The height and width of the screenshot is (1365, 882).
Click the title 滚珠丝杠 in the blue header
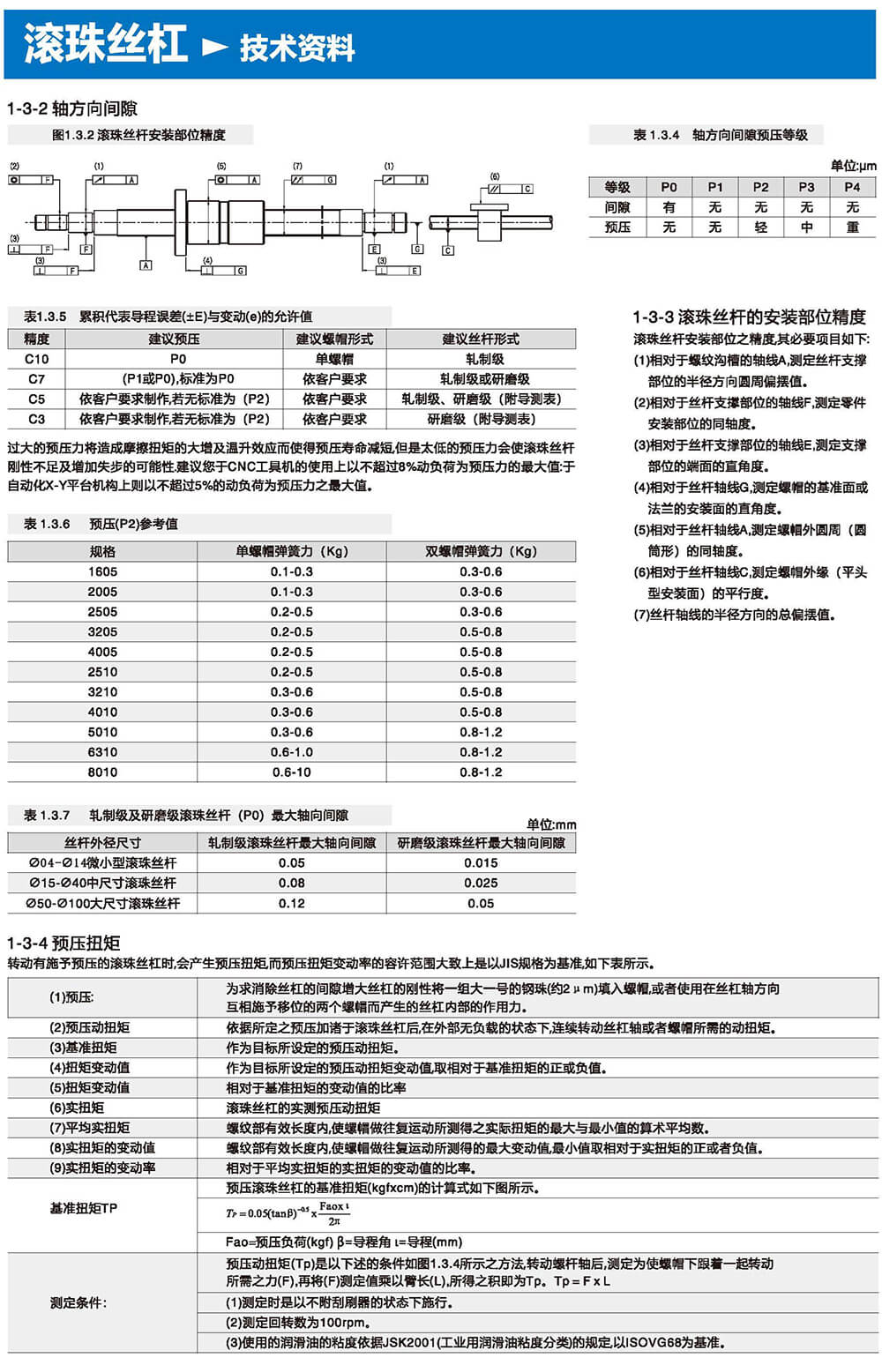tap(105, 43)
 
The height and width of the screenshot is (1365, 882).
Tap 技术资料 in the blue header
tap(297, 48)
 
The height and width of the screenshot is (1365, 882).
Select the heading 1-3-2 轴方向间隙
tap(72, 108)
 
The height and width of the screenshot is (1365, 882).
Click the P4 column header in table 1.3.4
tap(852, 187)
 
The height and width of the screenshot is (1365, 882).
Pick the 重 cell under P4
tap(852, 227)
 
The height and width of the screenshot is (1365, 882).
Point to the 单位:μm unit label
tap(853, 166)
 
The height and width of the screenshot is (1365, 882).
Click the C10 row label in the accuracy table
tap(37, 359)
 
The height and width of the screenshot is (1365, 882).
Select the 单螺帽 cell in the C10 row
tap(334, 359)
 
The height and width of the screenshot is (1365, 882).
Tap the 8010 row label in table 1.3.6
tap(102, 772)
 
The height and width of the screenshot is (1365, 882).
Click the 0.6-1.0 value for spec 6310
tap(292, 752)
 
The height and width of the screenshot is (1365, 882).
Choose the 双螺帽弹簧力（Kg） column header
tap(481, 551)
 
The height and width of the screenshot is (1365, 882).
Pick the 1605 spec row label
tap(102, 571)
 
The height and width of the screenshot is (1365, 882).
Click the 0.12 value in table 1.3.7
tap(292, 903)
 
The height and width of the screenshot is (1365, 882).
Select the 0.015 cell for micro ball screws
tap(481, 862)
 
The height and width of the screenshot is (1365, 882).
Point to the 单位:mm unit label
tap(551, 824)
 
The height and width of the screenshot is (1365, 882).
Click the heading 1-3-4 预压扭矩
tap(64, 943)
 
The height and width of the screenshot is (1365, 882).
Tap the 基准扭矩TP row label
tap(84, 1208)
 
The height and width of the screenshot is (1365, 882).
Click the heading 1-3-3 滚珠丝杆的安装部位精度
tap(749, 317)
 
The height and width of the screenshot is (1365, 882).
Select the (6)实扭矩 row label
tap(77, 1108)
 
